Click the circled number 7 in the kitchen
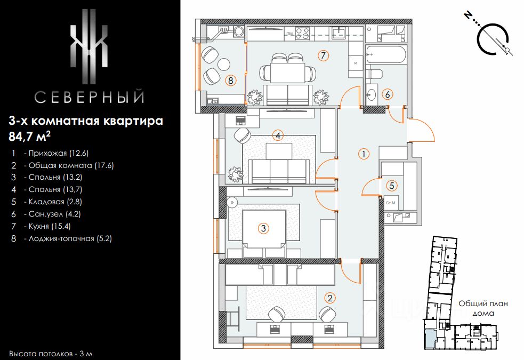point(323,55)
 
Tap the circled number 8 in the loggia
point(230,80)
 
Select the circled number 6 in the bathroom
point(388,94)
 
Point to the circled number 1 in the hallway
point(364,154)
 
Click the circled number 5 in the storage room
point(392,186)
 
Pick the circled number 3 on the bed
point(263,228)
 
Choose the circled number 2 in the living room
point(330,298)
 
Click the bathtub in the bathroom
point(386,54)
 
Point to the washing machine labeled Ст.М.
point(391,203)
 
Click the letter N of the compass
point(468,15)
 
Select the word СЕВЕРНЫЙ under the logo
point(89,97)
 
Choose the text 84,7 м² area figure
point(30,135)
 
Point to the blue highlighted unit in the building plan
point(430,338)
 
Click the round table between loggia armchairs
point(223,64)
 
